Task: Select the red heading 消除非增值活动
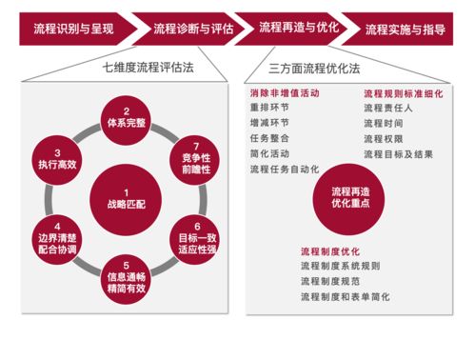pos(284,94)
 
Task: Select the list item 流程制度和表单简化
pos(345,296)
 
